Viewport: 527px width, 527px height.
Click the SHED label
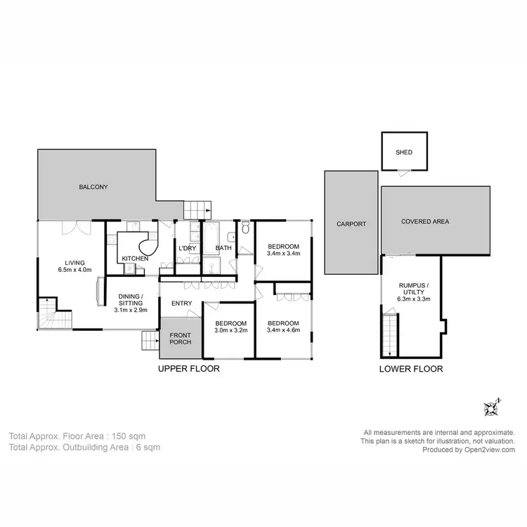click(x=403, y=152)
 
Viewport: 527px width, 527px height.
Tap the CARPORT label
click(x=351, y=224)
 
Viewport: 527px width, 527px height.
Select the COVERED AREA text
click(x=424, y=221)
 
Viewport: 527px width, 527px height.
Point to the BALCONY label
click(x=93, y=188)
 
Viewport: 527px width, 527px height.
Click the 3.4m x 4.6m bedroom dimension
click(x=284, y=332)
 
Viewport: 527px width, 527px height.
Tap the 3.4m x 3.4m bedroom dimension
click(x=284, y=254)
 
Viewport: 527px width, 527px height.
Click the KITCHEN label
click(x=135, y=259)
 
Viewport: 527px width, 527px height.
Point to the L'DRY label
click(x=187, y=249)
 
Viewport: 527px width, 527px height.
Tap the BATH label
click(x=223, y=248)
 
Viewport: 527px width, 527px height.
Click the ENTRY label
click(x=181, y=304)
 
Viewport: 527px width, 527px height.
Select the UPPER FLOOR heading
click(x=188, y=369)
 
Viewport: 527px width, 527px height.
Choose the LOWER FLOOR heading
click(x=411, y=369)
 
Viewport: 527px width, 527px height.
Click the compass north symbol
click(x=490, y=407)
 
